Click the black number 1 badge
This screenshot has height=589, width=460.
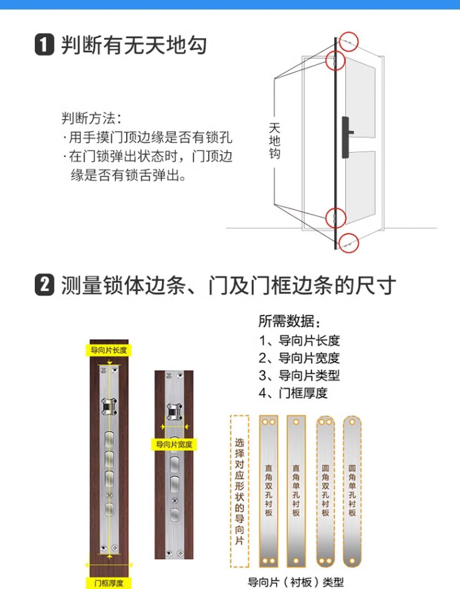coord(44,45)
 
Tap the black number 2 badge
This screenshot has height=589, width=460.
coord(44,285)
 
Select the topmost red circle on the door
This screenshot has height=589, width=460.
coord(349,42)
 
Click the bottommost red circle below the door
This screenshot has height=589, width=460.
coord(349,243)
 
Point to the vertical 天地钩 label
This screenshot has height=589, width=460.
coord(275,141)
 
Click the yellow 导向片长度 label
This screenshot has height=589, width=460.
coord(109,350)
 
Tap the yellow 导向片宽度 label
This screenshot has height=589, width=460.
coord(174,444)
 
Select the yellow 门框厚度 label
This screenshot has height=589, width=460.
coord(109,583)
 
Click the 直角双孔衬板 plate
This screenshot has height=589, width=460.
coord(269,491)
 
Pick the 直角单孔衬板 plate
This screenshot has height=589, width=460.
coord(296,491)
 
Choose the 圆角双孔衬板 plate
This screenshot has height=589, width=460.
coord(325,491)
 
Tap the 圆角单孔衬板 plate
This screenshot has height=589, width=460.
coord(352,491)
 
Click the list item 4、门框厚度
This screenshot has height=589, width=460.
coord(293,393)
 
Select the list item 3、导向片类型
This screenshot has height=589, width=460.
coord(299,375)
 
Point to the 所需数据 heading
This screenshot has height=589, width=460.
coord(289,321)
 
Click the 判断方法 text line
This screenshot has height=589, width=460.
coord(91,118)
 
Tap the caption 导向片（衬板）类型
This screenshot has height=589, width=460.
coord(296,582)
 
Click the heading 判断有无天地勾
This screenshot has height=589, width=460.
coord(134,45)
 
